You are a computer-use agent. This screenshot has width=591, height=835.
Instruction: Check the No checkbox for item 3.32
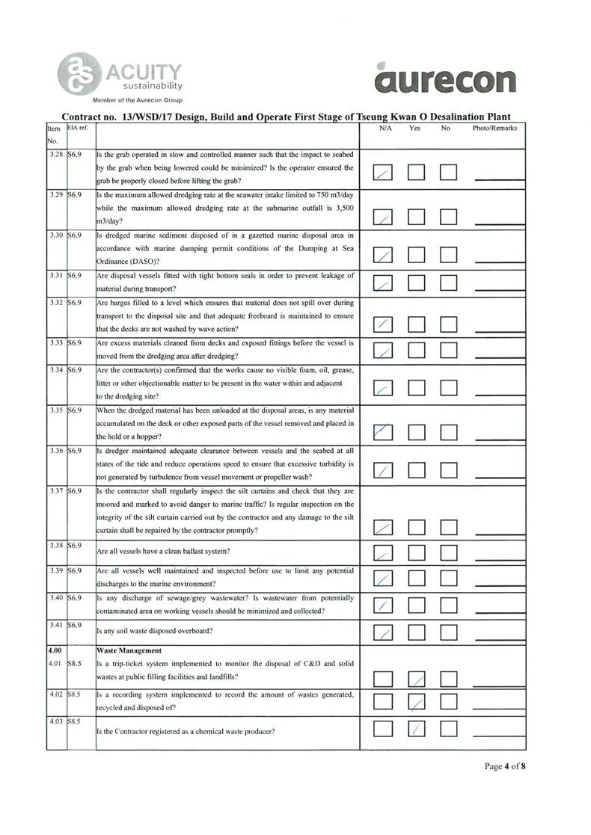pos(449,324)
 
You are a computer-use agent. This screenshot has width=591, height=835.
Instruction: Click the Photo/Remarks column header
pos(494,129)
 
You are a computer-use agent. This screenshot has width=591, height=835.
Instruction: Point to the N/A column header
pos(386,129)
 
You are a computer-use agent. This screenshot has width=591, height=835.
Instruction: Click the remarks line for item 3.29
pos(499,220)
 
